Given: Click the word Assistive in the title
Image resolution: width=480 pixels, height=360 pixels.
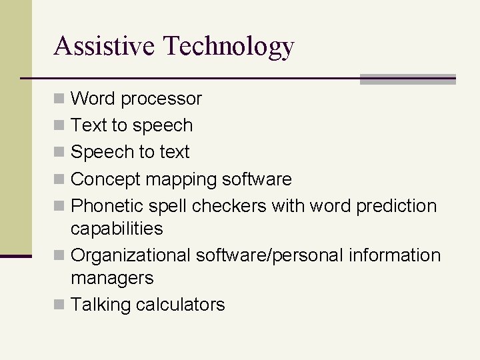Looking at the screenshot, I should [105, 45].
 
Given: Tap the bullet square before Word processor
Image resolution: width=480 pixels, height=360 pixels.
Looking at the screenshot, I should [59, 99].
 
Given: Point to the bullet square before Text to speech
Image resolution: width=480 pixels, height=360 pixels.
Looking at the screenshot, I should [59, 126].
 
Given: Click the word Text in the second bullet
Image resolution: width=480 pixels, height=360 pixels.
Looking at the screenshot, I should [85, 125].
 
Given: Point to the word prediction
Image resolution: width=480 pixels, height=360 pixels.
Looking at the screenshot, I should [397, 206].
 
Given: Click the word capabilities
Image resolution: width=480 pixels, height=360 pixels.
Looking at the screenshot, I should [117, 229].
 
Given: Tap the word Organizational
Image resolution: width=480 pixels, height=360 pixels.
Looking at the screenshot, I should [131, 255].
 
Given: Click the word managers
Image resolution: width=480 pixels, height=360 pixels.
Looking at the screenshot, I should [112, 278].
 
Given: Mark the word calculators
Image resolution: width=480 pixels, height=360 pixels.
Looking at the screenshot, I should [181, 305].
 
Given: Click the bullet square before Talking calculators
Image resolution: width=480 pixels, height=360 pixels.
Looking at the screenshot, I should [59, 305].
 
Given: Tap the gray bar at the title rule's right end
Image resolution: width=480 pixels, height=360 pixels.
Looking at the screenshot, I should [407, 79].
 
